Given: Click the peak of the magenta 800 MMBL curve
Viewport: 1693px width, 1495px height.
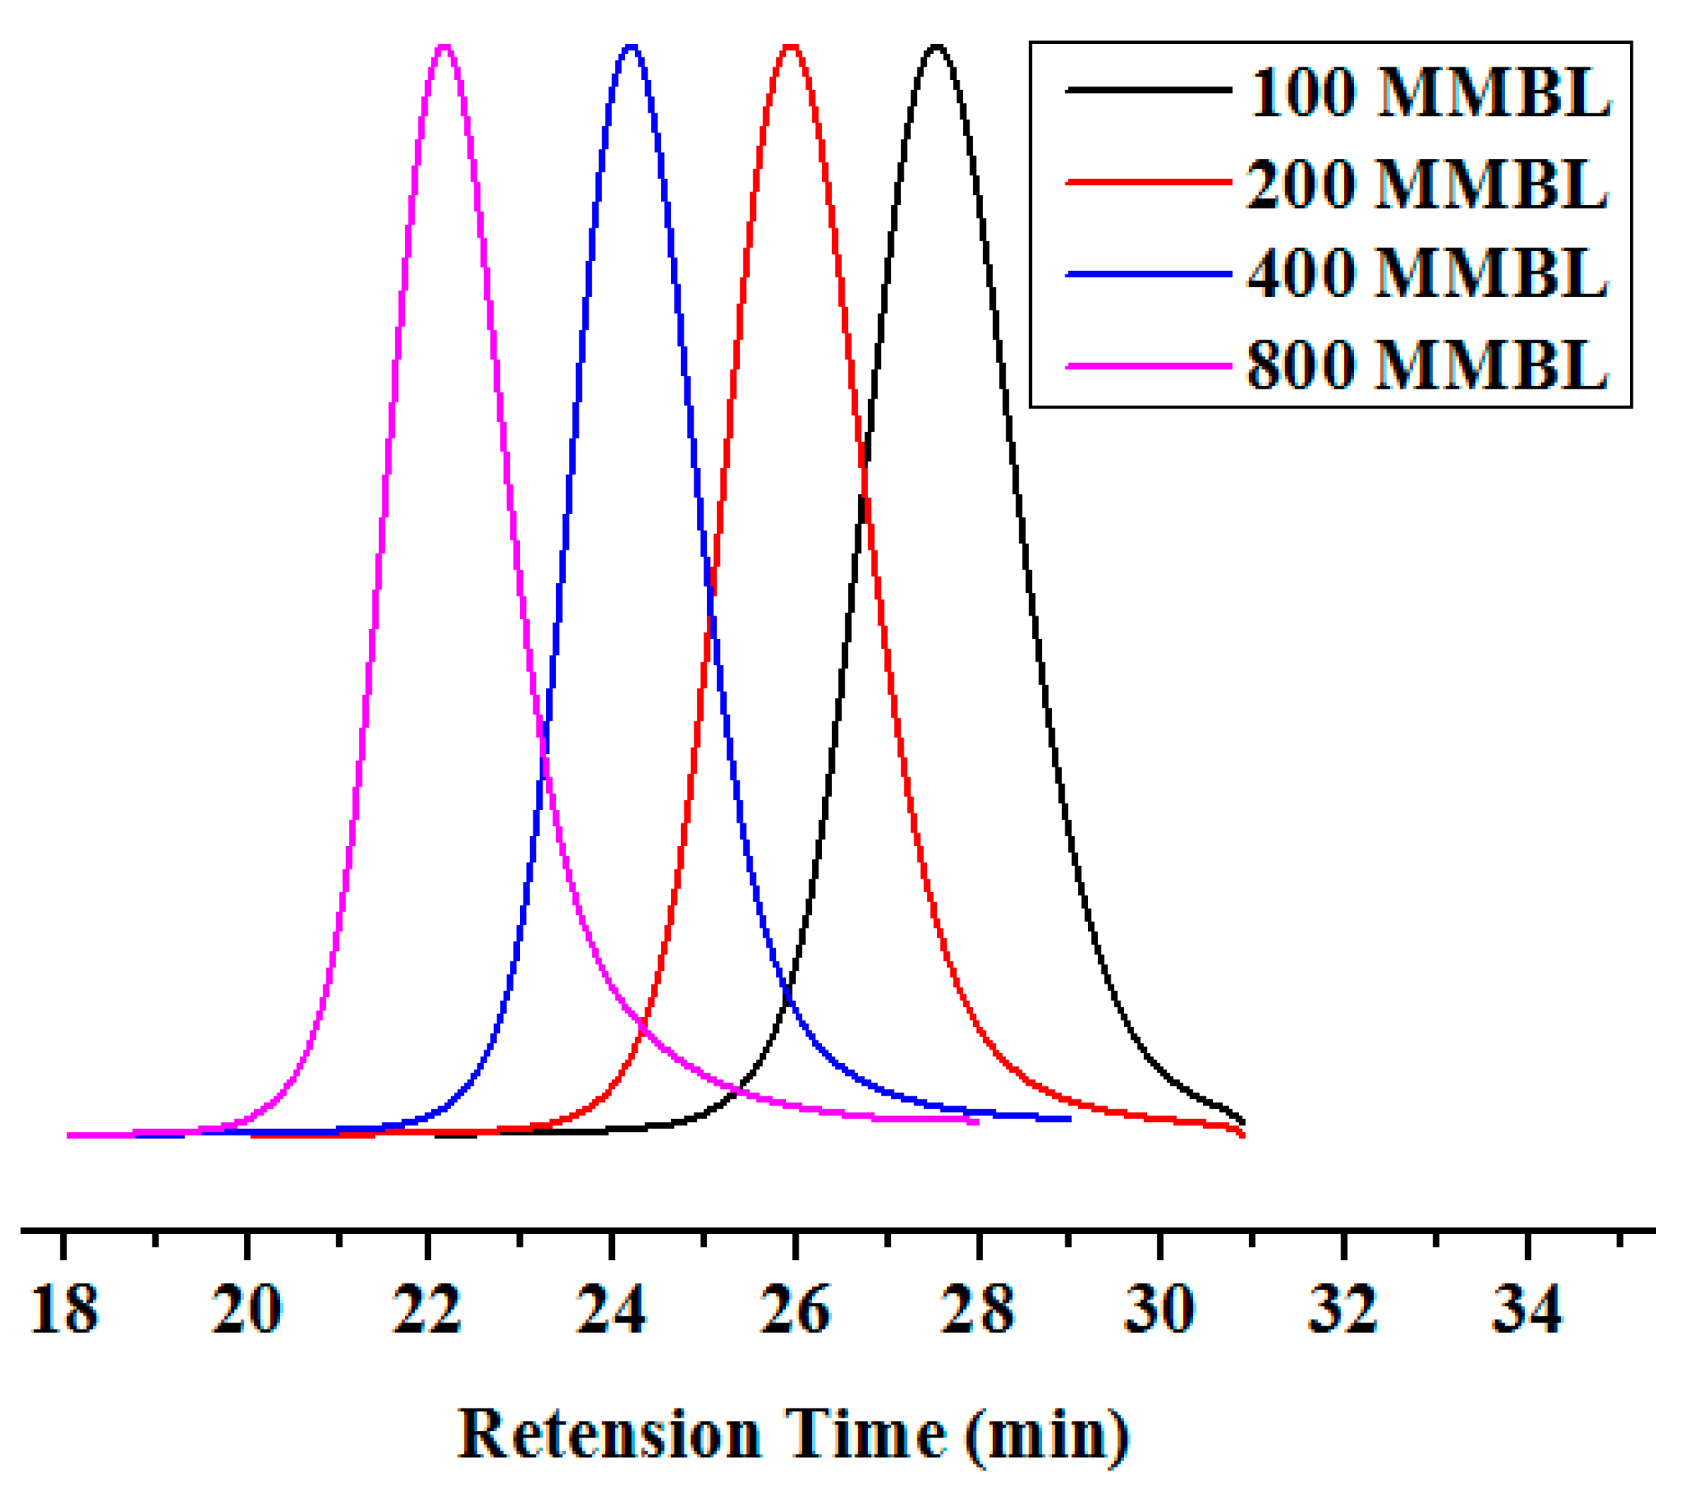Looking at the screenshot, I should (445, 48).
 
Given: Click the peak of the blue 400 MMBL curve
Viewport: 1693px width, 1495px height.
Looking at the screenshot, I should (632, 48).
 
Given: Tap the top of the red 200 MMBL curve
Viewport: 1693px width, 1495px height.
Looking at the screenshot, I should (792, 48).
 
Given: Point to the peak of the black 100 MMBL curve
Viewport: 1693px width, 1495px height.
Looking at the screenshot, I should (937, 48).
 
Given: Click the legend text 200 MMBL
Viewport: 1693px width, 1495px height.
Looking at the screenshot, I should (1428, 183).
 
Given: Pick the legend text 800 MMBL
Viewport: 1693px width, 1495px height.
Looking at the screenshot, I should (1428, 365).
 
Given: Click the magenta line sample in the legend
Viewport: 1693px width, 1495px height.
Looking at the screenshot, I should (1149, 365).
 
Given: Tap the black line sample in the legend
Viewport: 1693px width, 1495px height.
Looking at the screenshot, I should (1149, 89).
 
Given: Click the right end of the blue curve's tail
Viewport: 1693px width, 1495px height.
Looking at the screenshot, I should (1070, 1119).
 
